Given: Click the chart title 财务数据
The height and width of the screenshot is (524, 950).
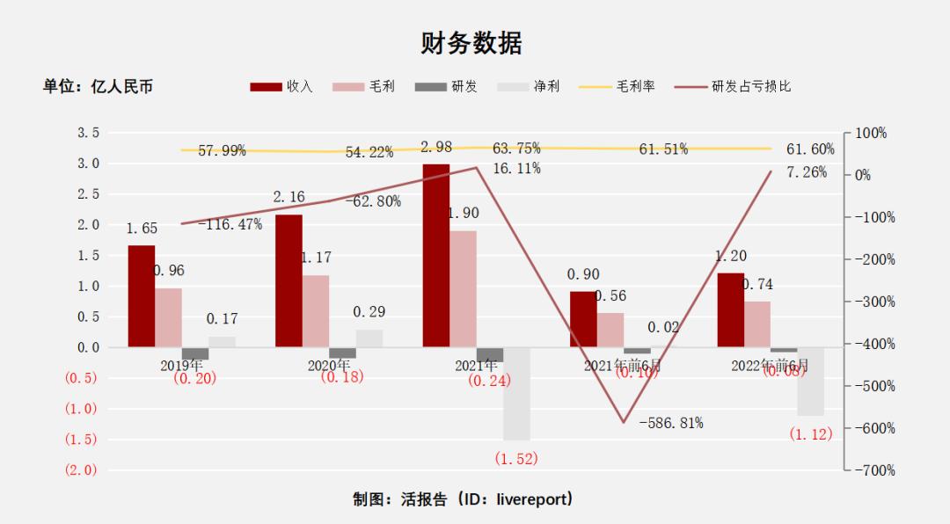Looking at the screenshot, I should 471,43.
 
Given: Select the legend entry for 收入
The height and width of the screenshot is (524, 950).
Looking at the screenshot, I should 281,86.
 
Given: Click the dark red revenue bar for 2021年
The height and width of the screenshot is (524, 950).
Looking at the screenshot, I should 435,255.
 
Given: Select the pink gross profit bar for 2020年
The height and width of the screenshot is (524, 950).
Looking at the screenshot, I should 316,311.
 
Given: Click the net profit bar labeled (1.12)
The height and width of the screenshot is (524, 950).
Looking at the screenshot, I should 810,382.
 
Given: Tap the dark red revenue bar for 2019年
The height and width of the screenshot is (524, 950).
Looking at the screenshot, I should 141,295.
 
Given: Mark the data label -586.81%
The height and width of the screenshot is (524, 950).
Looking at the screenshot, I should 671,423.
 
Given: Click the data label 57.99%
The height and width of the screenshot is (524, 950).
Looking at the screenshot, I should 222,151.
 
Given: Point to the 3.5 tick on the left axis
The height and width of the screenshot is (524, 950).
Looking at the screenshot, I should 88,133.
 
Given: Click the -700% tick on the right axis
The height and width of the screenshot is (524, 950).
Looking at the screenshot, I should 874,470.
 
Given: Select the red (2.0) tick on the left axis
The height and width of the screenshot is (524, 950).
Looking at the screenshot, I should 80,469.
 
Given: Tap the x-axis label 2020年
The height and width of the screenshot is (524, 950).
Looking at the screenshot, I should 329,364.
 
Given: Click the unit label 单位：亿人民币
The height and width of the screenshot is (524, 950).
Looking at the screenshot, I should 98,86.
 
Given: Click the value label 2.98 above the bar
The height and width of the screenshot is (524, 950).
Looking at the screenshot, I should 437,147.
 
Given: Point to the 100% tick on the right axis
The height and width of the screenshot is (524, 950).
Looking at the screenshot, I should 871,133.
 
